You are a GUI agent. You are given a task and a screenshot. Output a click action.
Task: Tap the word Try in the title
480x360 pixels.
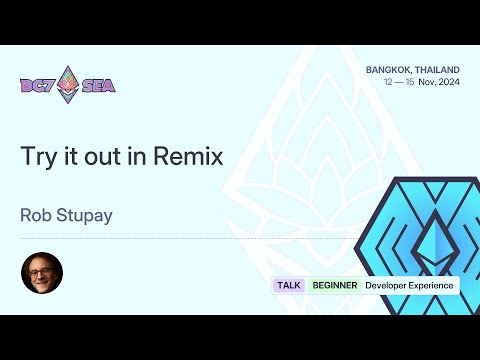click(35, 157)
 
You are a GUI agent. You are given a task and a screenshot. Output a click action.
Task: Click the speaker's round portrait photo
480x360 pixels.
click(42, 272)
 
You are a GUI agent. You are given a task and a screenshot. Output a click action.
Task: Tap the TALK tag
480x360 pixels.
click(289, 285)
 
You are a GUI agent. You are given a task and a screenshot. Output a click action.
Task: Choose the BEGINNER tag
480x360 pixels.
click(335, 285)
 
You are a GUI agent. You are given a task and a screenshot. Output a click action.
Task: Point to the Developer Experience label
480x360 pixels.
click(409, 285)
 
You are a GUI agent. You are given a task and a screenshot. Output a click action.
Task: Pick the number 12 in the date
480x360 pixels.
click(388, 83)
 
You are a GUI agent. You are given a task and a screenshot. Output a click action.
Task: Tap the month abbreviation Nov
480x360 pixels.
click(426, 83)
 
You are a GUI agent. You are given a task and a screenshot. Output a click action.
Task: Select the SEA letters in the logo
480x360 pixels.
click(99, 85)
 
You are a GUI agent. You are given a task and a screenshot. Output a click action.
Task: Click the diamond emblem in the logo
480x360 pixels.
click(68, 84)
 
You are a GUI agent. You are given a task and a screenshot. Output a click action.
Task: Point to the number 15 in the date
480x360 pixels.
click(410, 83)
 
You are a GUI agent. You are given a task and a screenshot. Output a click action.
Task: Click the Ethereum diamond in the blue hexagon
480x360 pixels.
click(432, 240)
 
